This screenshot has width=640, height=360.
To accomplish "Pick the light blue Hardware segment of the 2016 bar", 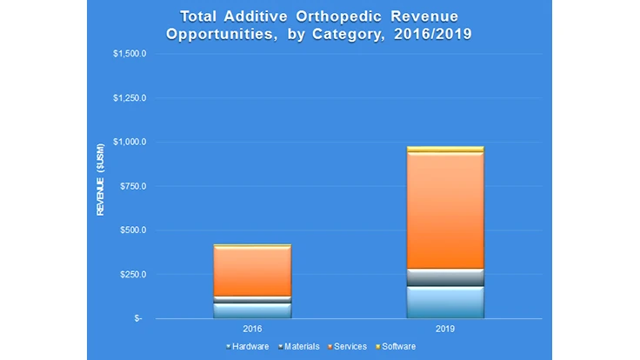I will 252,310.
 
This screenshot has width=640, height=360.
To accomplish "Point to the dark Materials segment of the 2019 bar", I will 445,277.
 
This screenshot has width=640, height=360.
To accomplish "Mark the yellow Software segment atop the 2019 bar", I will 445,150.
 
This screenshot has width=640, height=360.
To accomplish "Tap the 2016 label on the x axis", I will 252,330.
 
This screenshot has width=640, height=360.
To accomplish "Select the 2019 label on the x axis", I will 445,330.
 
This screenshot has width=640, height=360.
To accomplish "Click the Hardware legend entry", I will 250,346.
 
